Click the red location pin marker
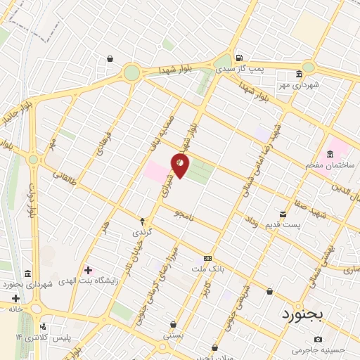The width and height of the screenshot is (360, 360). (181, 166)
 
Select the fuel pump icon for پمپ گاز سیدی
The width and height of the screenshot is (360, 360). (240, 58)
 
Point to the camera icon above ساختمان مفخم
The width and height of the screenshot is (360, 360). (328, 154)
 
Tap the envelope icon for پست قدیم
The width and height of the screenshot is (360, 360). (283, 214)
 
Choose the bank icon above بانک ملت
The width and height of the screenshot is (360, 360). (207, 258)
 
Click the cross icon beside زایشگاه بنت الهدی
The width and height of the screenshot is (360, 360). (87, 270)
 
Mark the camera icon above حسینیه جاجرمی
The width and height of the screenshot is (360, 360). (318, 339)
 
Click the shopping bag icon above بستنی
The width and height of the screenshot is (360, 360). (173, 325)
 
